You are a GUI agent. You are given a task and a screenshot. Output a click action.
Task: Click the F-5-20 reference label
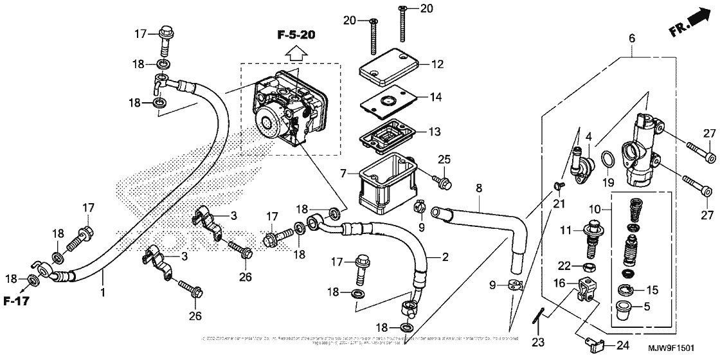[296, 33]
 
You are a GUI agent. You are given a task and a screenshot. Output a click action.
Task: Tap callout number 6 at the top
[631, 39]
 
